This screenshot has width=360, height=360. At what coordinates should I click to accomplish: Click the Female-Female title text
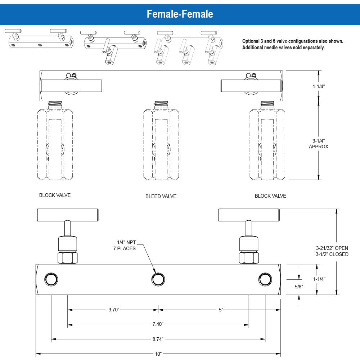[x=180, y=14]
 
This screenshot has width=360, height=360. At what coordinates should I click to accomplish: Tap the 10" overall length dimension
[x=158, y=354]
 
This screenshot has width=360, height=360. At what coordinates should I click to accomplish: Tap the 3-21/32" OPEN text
[x=332, y=248]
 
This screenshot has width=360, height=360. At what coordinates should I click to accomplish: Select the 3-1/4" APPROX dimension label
[x=319, y=144]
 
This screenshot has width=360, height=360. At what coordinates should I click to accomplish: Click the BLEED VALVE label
[x=161, y=197]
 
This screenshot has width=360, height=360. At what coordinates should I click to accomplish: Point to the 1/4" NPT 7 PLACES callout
[x=126, y=246]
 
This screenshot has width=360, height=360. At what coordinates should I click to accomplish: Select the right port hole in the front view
[x=265, y=279]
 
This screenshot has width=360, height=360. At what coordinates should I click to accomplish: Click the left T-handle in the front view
[x=67, y=215]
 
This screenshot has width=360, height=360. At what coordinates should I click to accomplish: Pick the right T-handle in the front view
[x=248, y=215]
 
